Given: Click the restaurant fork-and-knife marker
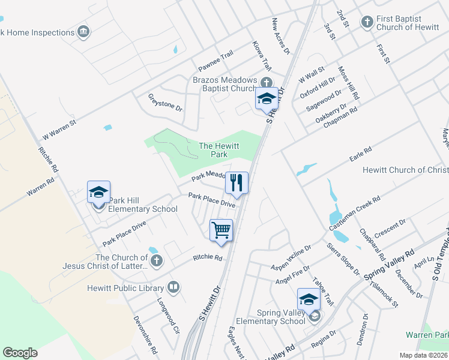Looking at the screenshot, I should (237, 183).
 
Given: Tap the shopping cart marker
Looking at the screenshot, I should (221, 230).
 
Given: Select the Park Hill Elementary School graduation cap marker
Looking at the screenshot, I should (98, 192).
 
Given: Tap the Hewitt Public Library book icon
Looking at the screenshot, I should (173, 288).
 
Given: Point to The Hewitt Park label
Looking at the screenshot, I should (213, 150).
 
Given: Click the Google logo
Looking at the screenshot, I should (20, 353).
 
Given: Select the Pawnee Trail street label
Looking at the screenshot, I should (215, 59).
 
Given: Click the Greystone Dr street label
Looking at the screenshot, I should (165, 102).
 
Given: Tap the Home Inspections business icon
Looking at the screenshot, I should (83, 32).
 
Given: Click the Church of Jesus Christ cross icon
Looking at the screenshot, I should (157, 260).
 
